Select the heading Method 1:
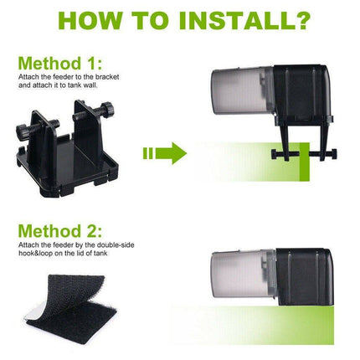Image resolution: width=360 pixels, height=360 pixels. (x=60, y=64)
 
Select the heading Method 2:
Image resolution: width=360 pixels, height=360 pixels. (x=60, y=231)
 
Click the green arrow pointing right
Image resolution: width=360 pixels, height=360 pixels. (x=165, y=153)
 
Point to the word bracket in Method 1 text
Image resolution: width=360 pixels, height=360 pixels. (x=108, y=77)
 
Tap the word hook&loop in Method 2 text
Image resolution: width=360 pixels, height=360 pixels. (x=33, y=254)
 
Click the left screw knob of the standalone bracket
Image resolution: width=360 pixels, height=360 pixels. (x=22, y=129)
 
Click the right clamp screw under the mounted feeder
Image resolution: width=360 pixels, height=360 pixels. (x=324, y=153)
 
